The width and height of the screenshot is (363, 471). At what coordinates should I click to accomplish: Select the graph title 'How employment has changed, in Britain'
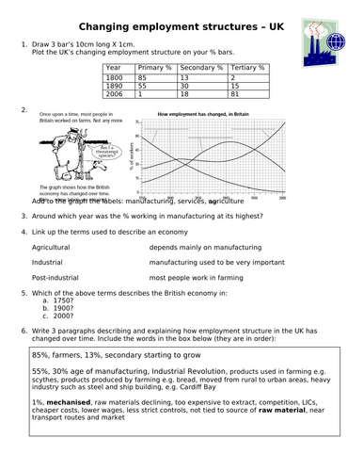tap(211, 114)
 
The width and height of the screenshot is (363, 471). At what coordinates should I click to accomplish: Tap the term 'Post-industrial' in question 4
tap(55, 278)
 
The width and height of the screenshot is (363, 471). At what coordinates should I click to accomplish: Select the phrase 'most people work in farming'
tap(197, 278)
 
